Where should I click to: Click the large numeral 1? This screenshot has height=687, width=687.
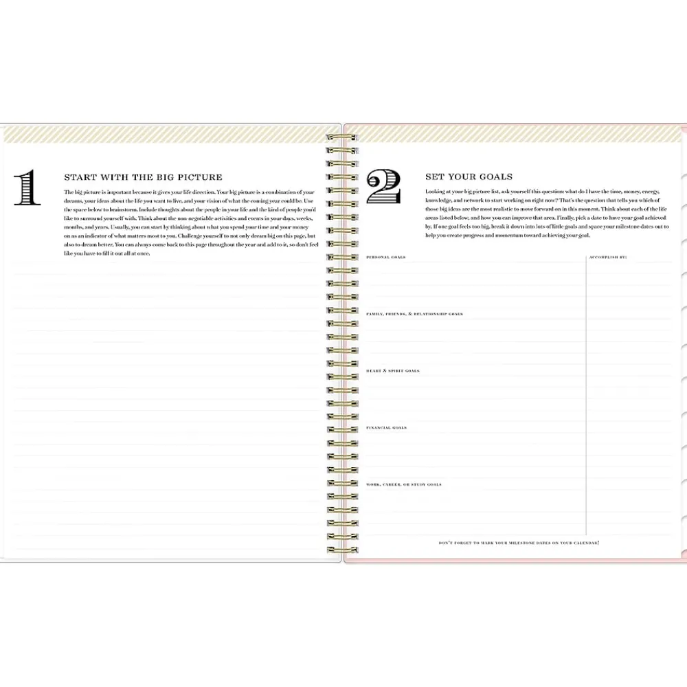pyautogui.click(x=27, y=188)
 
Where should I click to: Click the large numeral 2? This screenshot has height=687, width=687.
pyautogui.click(x=383, y=188)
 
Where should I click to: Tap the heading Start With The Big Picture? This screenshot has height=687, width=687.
pyautogui.click(x=143, y=177)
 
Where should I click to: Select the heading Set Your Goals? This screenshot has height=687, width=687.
pyautogui.click(x=469, y=177)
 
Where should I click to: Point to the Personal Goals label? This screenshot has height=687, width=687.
pyautogui.click(x=385, y=257)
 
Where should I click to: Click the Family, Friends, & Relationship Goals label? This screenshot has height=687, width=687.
pyautogui.click(x=414, y=314)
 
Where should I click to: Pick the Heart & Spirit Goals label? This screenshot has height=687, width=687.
pyautogui.click(x=393, y=371)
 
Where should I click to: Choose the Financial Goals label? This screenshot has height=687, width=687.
pyautogui.click(x=387, y=427)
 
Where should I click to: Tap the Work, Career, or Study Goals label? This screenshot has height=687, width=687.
pyautogui.click(x=404, y=484)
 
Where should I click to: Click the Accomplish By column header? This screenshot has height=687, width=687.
pyautogui.click(x=608, y=257)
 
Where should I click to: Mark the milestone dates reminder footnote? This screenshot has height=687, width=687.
pyautogui.click(x=519, y=543)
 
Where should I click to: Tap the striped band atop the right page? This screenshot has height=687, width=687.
pyautogui.click(x=515, y=133)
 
